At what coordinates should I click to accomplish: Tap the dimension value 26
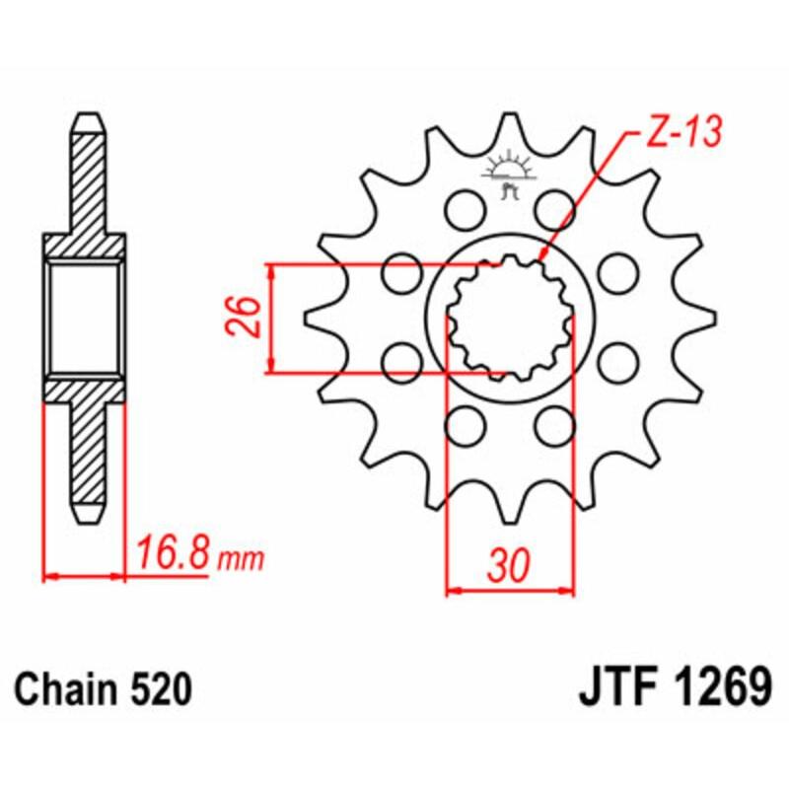(x=248, y=318)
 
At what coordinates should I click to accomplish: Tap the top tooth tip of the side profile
(x=85, y=115)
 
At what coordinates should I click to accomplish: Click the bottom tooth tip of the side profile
(x=85, y=518)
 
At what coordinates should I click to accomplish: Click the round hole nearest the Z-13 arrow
(x=554, y=209)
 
